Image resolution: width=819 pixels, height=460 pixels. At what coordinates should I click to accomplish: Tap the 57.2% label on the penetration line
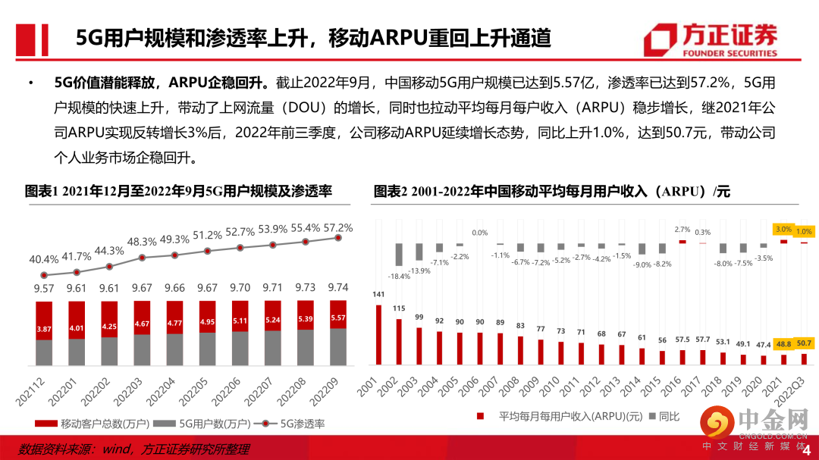click(338, 227)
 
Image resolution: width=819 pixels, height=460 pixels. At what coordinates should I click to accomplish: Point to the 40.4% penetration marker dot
click(44, 275)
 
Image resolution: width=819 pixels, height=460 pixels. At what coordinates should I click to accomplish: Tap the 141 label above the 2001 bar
click(378, 296)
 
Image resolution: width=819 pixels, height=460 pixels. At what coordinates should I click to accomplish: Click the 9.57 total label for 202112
click(44, 289)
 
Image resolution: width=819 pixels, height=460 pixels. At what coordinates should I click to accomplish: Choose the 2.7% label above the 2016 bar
click(682, 230)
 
